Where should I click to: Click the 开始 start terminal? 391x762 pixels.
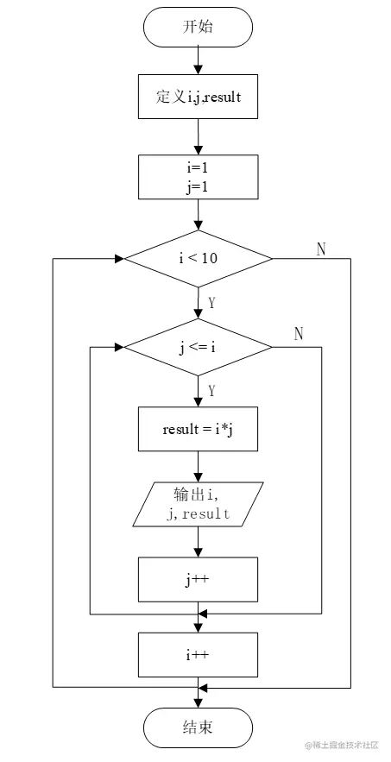coord(198,27)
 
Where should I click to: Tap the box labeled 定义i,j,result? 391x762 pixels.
coord(198,98)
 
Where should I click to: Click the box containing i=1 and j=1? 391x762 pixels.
coord(198,176)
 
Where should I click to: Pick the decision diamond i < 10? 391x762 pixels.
coord(198,257)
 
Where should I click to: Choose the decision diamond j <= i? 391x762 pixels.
coord(198,348)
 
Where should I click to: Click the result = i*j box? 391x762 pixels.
coord(198,429)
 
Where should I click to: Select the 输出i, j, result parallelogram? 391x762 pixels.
coord(198,504)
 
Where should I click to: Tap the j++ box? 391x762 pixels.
coord(198,579)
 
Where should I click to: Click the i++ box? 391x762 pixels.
coord(198,654)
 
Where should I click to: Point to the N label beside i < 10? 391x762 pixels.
coord(321,249)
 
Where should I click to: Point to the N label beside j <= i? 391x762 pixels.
coord(299,334)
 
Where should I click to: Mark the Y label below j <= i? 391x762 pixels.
coord(211,391)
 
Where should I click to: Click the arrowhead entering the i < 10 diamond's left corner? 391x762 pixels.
coord(119,257)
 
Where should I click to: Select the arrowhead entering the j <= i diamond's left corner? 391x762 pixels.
coord(119,348)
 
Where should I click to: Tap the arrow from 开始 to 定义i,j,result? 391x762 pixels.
coord(198,60)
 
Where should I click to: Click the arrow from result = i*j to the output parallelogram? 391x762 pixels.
coord(198,466)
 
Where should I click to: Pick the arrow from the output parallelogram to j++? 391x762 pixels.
coord(198,542)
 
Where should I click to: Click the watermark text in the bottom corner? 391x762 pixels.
coord(342,745)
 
